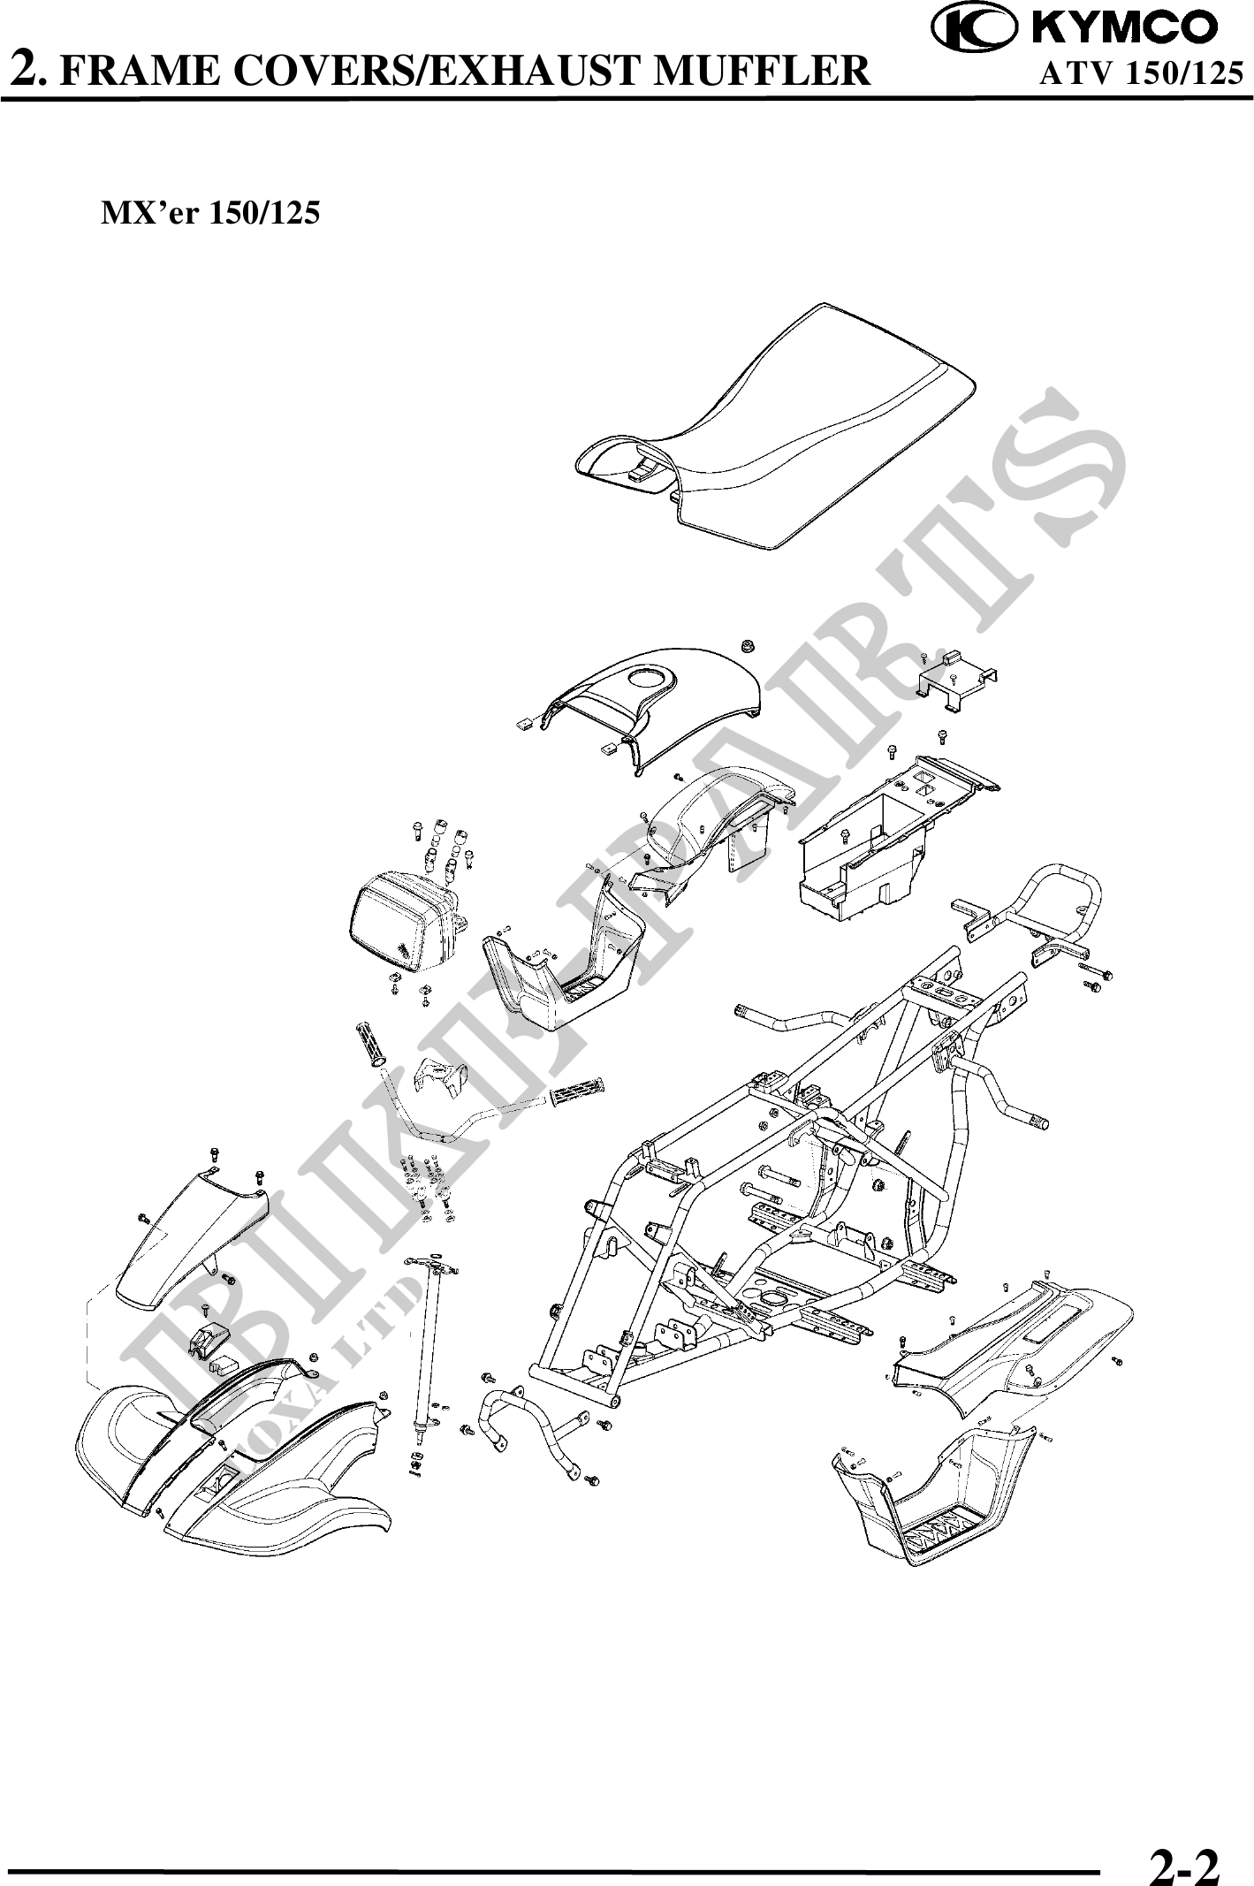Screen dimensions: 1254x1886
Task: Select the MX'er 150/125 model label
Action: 211,213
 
